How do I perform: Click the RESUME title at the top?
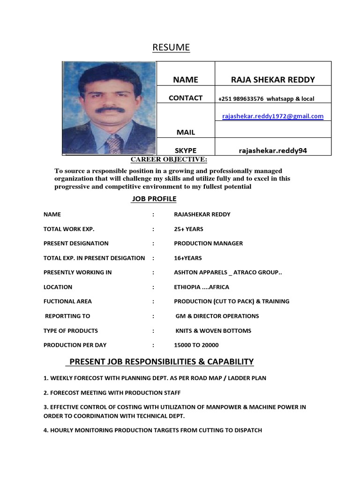(x=171, y=47)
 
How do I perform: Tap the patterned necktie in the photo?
(x=114, y=142)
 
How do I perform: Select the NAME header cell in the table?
(x=186, y=80)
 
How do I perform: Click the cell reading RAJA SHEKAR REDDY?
(x=273, y=80)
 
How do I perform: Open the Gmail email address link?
(x=272, y=116)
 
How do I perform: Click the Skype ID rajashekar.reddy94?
(x=273, y=150)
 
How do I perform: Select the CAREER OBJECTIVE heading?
(x=169, y=160)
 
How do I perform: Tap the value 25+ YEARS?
(x=188, y=229)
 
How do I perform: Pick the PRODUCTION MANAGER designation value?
(x=208, y=244)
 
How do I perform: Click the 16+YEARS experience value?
(x=187, y=258)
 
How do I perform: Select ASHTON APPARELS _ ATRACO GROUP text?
(x=228, y=273)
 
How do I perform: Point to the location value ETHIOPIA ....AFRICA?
(x=202, y=287)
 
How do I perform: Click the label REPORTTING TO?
(x=67, y=316)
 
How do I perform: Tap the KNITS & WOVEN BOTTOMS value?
(x=213, y=331)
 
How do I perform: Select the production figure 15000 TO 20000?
(x=196, y=345)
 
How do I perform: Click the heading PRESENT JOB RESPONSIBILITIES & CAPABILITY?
(x=159, y=361)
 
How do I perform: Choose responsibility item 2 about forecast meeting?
(x=112, y=393)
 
